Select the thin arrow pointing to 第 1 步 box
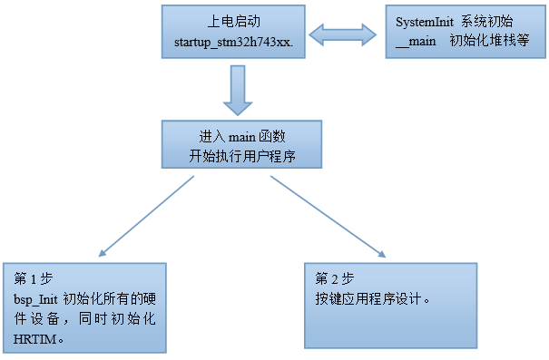[145, 216]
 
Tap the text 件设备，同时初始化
[86, 318]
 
